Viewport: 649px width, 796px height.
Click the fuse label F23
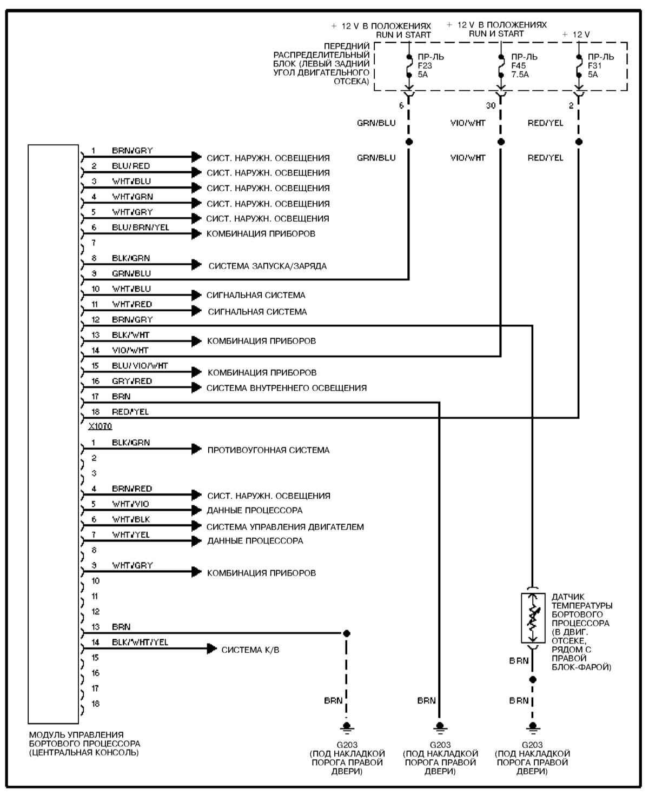[425, 66]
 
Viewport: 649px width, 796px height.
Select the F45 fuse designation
[519, 66]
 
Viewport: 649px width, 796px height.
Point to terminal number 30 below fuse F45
[491, 105]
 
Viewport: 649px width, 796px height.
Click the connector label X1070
[100, 426]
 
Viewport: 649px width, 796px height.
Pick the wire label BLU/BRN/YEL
[140, 228]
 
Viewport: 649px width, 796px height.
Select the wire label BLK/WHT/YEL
[140, 642]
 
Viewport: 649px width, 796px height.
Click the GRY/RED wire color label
[132, 381]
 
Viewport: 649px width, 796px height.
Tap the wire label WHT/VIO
[130, 504]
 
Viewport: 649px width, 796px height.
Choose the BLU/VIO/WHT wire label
[140, 366]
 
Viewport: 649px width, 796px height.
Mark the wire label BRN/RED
[132, 489]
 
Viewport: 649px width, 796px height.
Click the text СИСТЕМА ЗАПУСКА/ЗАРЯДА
[267, 266]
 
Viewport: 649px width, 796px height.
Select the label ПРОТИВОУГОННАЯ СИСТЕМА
[268, 450]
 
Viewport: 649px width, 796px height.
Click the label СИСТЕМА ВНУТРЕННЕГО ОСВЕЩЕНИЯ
[286, 388]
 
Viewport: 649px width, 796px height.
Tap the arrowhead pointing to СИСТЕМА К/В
[212, 649]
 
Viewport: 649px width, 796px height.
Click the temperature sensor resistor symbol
[533, 618]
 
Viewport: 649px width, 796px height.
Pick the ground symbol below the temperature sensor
[533, 726]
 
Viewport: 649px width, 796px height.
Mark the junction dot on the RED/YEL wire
[579, 142]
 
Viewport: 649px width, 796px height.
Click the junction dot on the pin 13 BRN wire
[347, 633]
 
